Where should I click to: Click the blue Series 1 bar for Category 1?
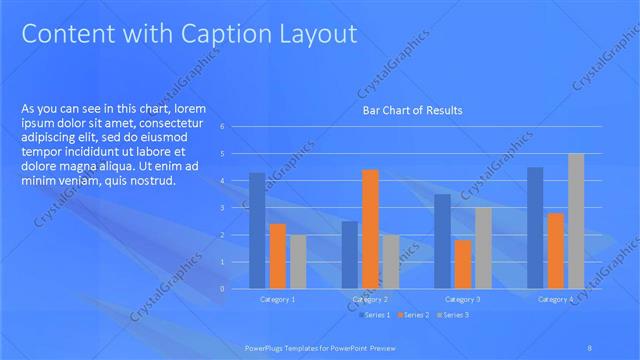click(x=257, y=231)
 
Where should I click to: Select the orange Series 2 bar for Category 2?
click(x=370, y=229)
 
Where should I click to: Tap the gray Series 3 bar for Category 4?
click(x=575, y=221)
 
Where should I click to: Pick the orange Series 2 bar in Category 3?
click(x=462, y=264)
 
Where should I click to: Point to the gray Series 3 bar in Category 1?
click(x=297, y=262)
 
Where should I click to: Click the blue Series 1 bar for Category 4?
click(x=535, y=228)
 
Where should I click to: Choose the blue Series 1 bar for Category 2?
click(x=350, y=255)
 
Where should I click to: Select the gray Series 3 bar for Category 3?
click(x=482, y=248)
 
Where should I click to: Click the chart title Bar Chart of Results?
click(x=412, y=110)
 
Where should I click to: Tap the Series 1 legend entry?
click(x=376, y=315)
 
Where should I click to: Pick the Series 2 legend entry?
click(x=413, y=315)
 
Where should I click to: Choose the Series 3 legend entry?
click(x=451, y=315)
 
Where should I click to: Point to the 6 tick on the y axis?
click(x=235, y=127)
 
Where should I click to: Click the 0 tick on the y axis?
click(x=235, y=289)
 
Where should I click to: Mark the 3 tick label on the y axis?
click(x=235, y=208)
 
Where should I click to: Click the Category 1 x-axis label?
click(x=277, y=299)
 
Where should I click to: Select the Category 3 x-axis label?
click(x=462, y=299)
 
